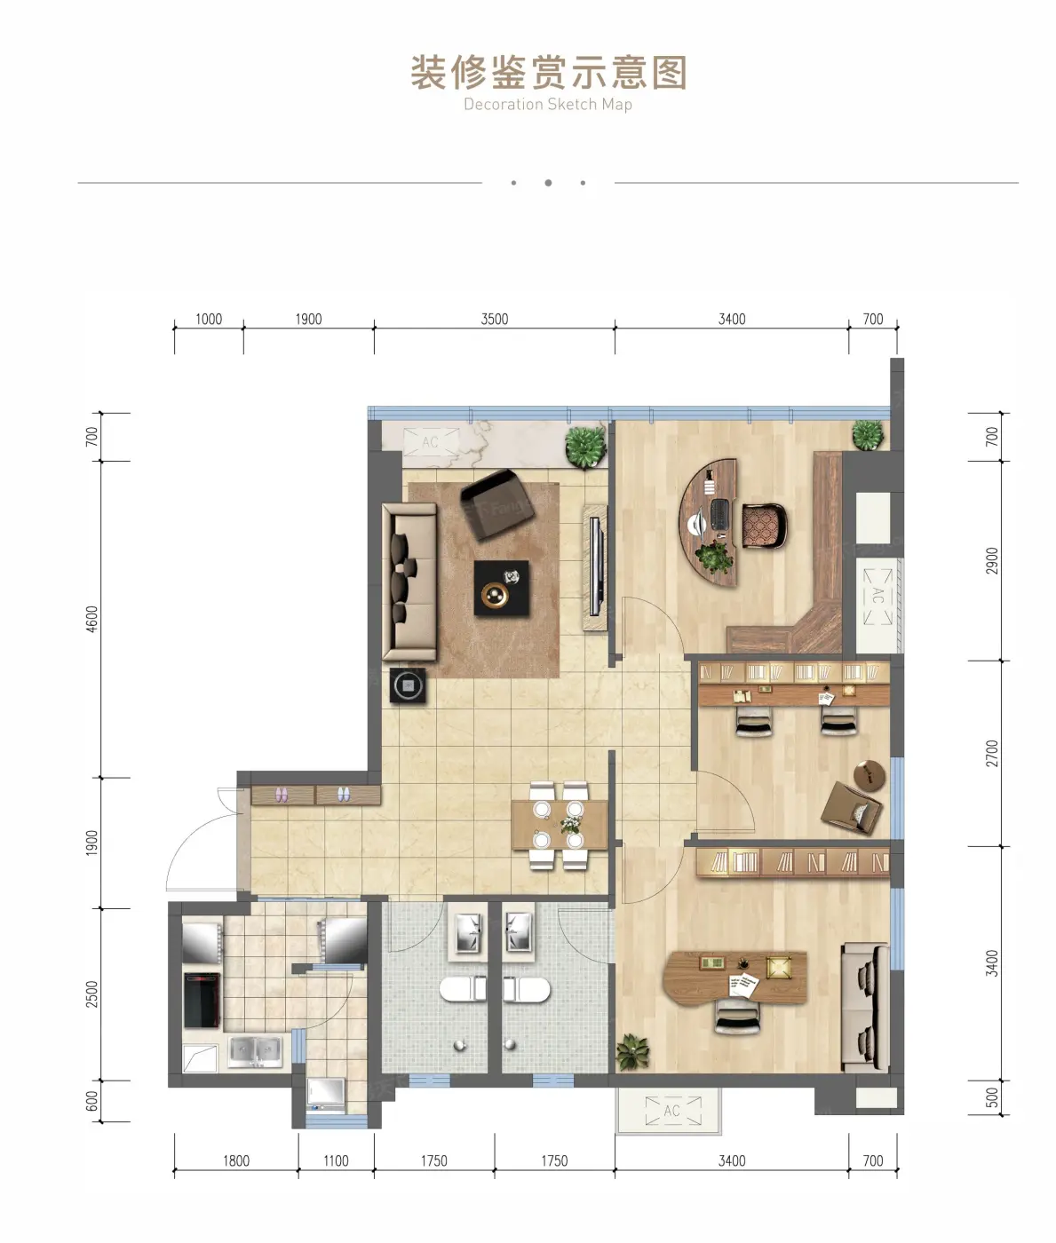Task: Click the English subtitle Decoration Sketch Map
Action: click(548, 105)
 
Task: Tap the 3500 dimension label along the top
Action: click(494, 319)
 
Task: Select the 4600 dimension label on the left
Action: click(91, 618)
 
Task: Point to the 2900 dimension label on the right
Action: click(992, 560)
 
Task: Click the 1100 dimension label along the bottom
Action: click(336, 1160)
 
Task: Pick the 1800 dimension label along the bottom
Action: click(236, 1160)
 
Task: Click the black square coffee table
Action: click(501, 588)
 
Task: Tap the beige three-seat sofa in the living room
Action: click(409, 582)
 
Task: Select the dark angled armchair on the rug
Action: click(496, 505)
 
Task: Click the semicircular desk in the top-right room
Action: click(708, 523)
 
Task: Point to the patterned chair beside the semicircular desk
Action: click(764, 526)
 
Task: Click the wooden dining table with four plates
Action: click(559, 825)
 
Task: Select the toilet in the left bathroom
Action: click(463, 989)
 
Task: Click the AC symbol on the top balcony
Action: click(430, 443)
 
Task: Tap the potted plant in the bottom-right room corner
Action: click(632, 1052)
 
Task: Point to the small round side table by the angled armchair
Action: click(869, 776)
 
